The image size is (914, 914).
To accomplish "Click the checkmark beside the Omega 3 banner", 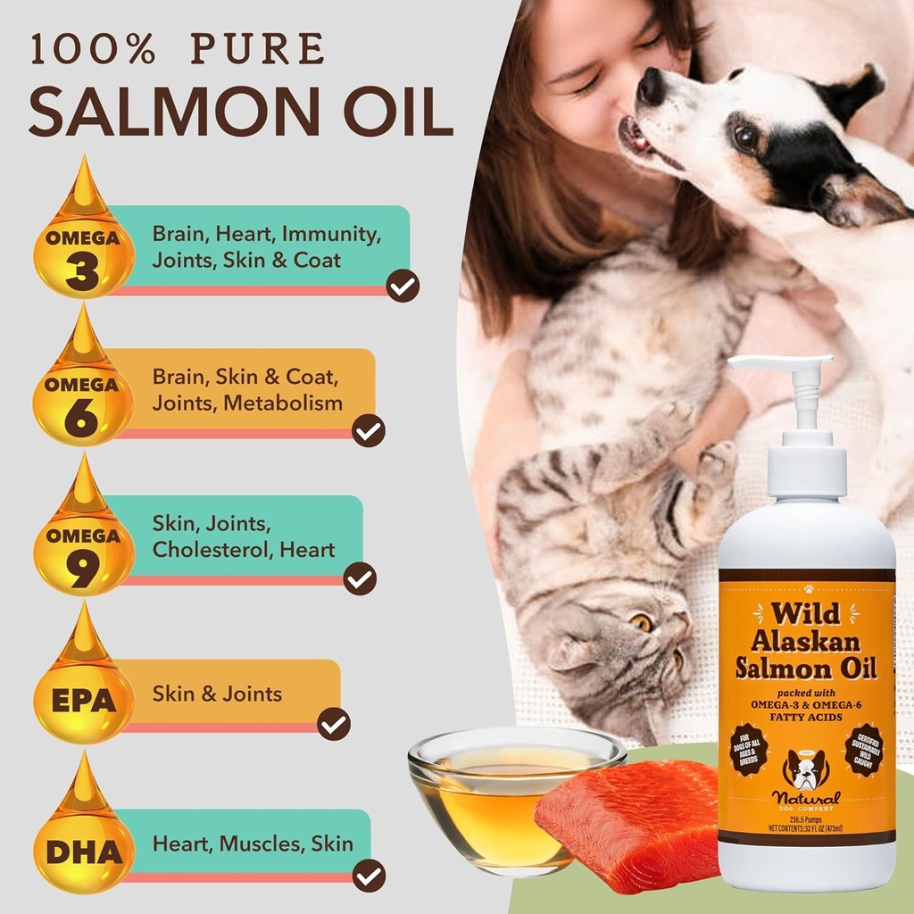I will click(x=403, y=286).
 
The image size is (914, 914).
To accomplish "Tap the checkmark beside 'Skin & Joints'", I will click(x=334, y=723).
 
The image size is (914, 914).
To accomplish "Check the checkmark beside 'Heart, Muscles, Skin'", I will click(x=369, y=874).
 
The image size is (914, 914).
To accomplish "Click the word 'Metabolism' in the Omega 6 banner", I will click(x=283, y=403).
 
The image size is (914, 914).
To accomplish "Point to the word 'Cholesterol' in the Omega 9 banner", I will click(x=212, y=550).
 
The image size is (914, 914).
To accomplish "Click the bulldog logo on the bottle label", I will click(x=805, y=769).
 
